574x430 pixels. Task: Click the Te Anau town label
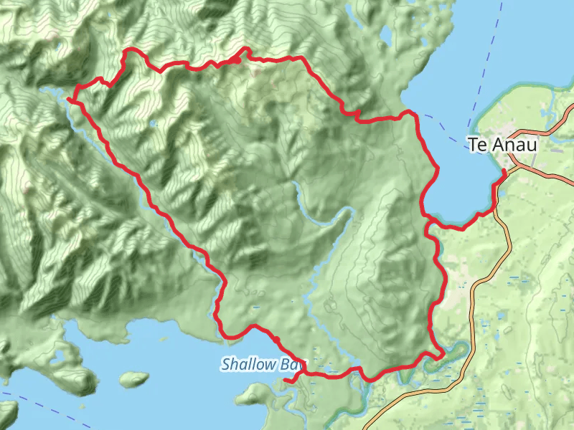click(502, 145)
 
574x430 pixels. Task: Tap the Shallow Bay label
click(259, 364)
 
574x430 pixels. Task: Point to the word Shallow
click(246, 364)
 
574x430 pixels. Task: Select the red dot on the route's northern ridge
click(237, 59)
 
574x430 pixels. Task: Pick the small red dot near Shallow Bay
click(276, 339)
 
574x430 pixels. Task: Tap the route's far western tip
click(69, 99)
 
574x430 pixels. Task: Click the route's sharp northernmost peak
click(248, 49)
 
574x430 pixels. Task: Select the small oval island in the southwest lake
click(133, 377)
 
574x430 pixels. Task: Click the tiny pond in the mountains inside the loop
click(152, 123)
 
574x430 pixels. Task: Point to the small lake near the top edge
click(385, 34)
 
